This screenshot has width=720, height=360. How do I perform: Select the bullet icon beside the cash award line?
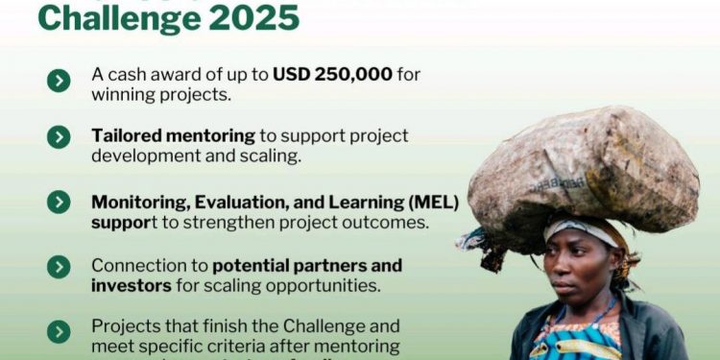click(59, 81)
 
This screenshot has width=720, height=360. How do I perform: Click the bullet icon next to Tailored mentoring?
click(59, 138)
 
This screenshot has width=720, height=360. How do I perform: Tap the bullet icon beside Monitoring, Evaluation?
click(59, 202)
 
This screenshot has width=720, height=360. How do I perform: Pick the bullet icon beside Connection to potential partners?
click(59, 267)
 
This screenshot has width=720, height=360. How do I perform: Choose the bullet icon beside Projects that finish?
click(59, 332)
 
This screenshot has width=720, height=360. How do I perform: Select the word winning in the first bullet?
click(122, 94)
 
